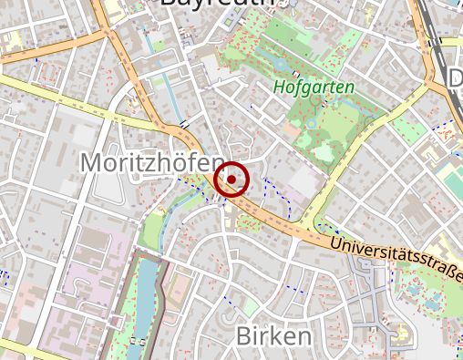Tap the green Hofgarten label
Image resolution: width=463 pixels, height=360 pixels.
(314, 88)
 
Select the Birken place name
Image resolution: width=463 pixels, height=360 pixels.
(273, 336)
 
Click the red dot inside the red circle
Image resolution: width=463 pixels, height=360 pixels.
(232, 180)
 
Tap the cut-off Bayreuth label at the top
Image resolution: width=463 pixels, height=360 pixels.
(217, 4)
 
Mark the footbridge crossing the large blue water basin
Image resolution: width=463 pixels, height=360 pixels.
(139, 339)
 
